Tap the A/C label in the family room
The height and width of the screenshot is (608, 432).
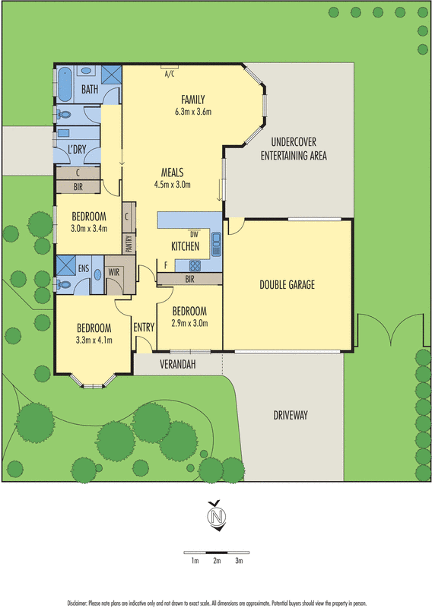pyautogui.click(x=168, y=74)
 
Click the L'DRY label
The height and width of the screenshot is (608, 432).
pyautogui.click(x=77, y=150)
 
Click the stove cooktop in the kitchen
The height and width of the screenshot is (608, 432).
pyautogui.click(x=194, y=265)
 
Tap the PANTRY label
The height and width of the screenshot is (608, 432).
pyautogui.click(x=129, y=243)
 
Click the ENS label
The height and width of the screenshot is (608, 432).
pyautogui.click(x=83, y=268)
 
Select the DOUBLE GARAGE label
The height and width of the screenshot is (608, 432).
pyautogui.click(x=287, y=285)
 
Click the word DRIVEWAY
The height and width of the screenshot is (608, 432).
pyautogui.click(x=293, y=415)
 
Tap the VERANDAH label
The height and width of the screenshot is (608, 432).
pyautogui.click(x=177, y=365)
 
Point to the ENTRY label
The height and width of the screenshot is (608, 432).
pyautogui.click(x=144, y=328)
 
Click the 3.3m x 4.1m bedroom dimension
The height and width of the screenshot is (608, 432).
pyautogui.click(x=94, y=340)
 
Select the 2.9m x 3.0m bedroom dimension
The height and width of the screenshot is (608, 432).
pyautogui.click(x=189, y=323)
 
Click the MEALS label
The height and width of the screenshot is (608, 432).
pyautogui.click(x=172, y=173)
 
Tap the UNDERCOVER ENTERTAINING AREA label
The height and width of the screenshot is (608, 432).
pyautogui.click(x=293, y=149)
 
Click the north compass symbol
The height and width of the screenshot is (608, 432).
pyautogui.click(x=216, y=516)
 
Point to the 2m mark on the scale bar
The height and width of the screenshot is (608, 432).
pyautogui.click(x=217, y=561)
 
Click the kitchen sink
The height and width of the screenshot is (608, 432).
pyautogui.click(x=216, y=243)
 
